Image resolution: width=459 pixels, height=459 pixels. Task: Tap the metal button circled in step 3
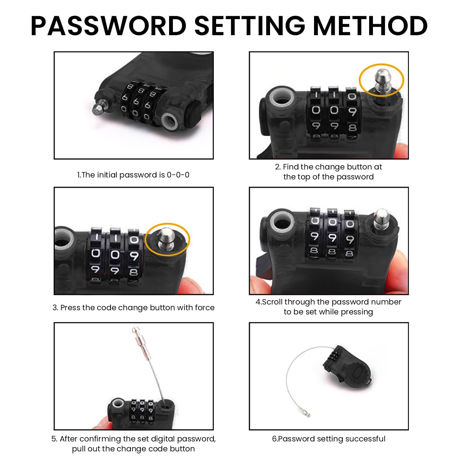(167, 239)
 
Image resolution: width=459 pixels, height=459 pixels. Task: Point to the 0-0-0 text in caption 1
(178, 175)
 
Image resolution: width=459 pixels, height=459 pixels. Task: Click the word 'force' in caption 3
(205, 308)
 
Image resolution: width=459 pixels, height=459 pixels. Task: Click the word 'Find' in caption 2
(291, 167)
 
